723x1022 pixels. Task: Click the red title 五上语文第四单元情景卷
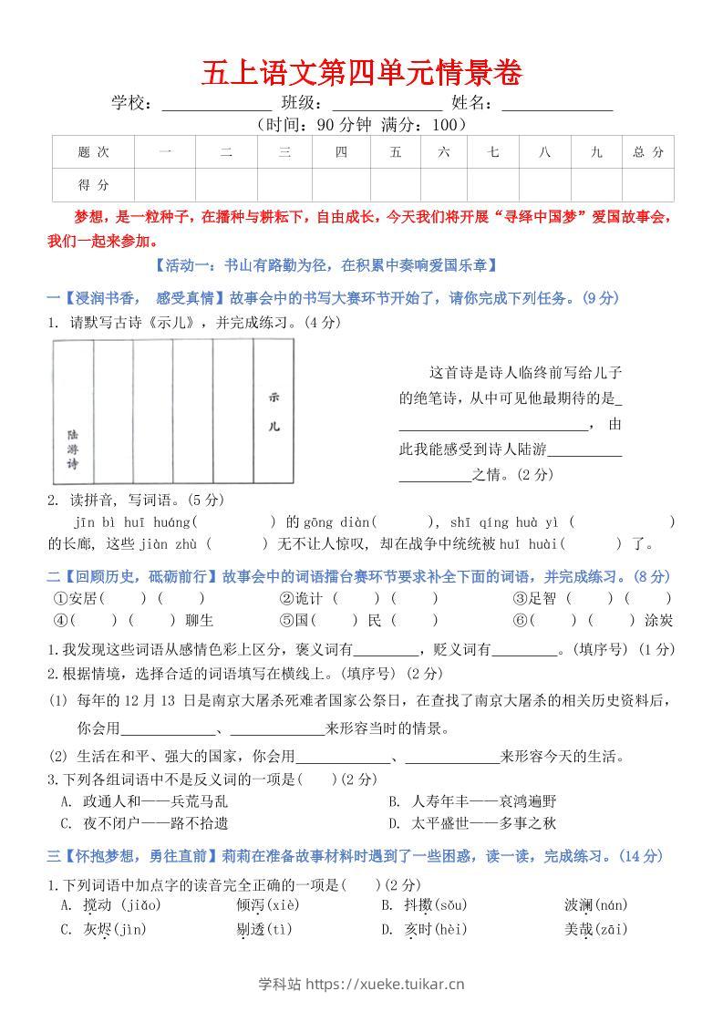tap(361, 74)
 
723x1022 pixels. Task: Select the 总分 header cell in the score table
tap(648, 152)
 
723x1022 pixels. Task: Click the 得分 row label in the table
tap(93, 185)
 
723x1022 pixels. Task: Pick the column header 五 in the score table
tap(395, 152)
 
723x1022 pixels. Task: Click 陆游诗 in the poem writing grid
tap(73, 449)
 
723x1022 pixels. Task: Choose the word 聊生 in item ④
tap(199, 621)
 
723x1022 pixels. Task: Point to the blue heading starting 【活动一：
tap(326, 266)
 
